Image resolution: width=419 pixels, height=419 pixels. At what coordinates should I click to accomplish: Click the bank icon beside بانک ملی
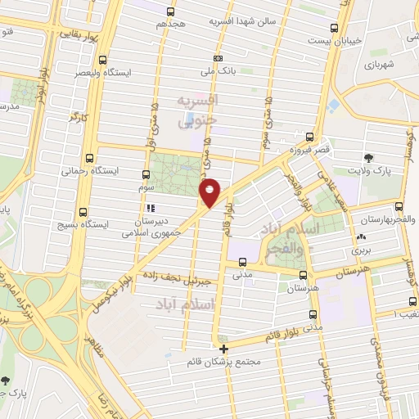pyautogui.click(x=218, y=58)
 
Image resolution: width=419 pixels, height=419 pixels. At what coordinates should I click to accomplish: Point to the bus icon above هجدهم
pyautogui.click(x=170, y=11)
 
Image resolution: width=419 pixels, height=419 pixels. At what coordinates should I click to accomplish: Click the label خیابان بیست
pyautogui.click(x=330, y=39)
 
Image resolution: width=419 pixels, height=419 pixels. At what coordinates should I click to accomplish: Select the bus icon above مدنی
pyautogui.click(x=242, y=262)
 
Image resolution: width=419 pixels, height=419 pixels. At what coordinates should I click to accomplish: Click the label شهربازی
pyautogui.click(x=379, y=62)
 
